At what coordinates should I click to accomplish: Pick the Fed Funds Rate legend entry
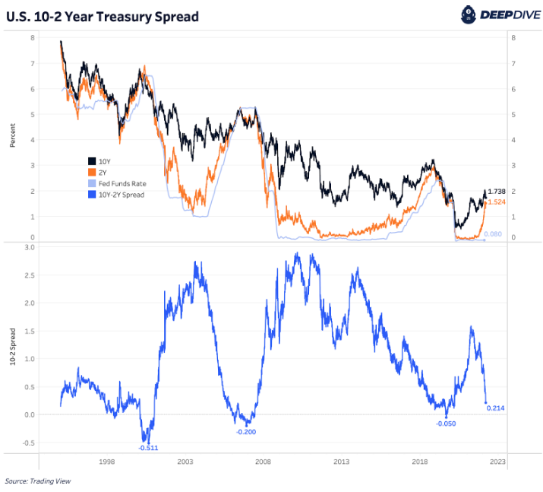[x=122, y=183]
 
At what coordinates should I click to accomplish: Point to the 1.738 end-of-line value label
[x=496, y=192]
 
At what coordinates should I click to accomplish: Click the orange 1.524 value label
[x=496, y=202]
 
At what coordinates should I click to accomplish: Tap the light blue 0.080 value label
[x=493, y=234]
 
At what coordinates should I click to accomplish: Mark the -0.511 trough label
[x=148, y=448]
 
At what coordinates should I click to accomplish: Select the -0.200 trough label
[x=245, y=432]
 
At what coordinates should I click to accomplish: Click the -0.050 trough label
[x=446, y=424]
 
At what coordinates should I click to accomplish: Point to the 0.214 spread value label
[x=495, y=408]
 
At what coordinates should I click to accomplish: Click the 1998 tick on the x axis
[x=106, y=462]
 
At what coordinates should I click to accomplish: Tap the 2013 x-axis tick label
[x=341, y=462]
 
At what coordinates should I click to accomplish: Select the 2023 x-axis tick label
[x=497, y=462]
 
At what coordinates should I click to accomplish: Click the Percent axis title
[x=13, y=136]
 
